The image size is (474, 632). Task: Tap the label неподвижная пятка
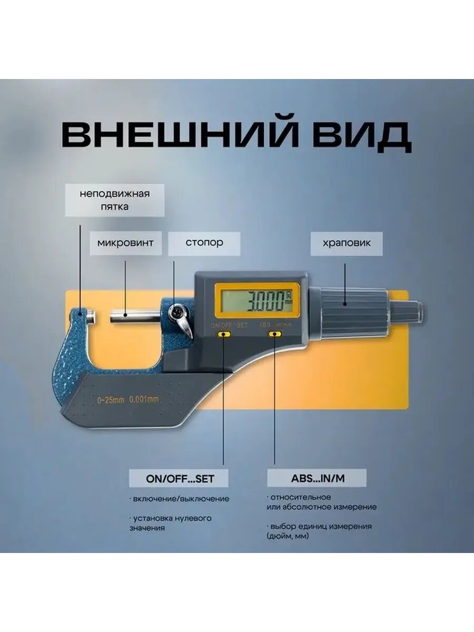pos(115,200)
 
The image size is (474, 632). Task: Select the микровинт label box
pos(125,243)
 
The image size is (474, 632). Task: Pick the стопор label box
pos(204,243)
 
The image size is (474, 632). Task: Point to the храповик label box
pos(347,243)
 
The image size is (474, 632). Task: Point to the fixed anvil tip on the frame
pos(91,316)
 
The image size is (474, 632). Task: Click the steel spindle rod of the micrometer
pos(134,317)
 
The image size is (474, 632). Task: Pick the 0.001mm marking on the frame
pos(144,399)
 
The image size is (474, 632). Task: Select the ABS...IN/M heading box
pos(317,479)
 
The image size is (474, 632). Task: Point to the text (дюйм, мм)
pos(288,536)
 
